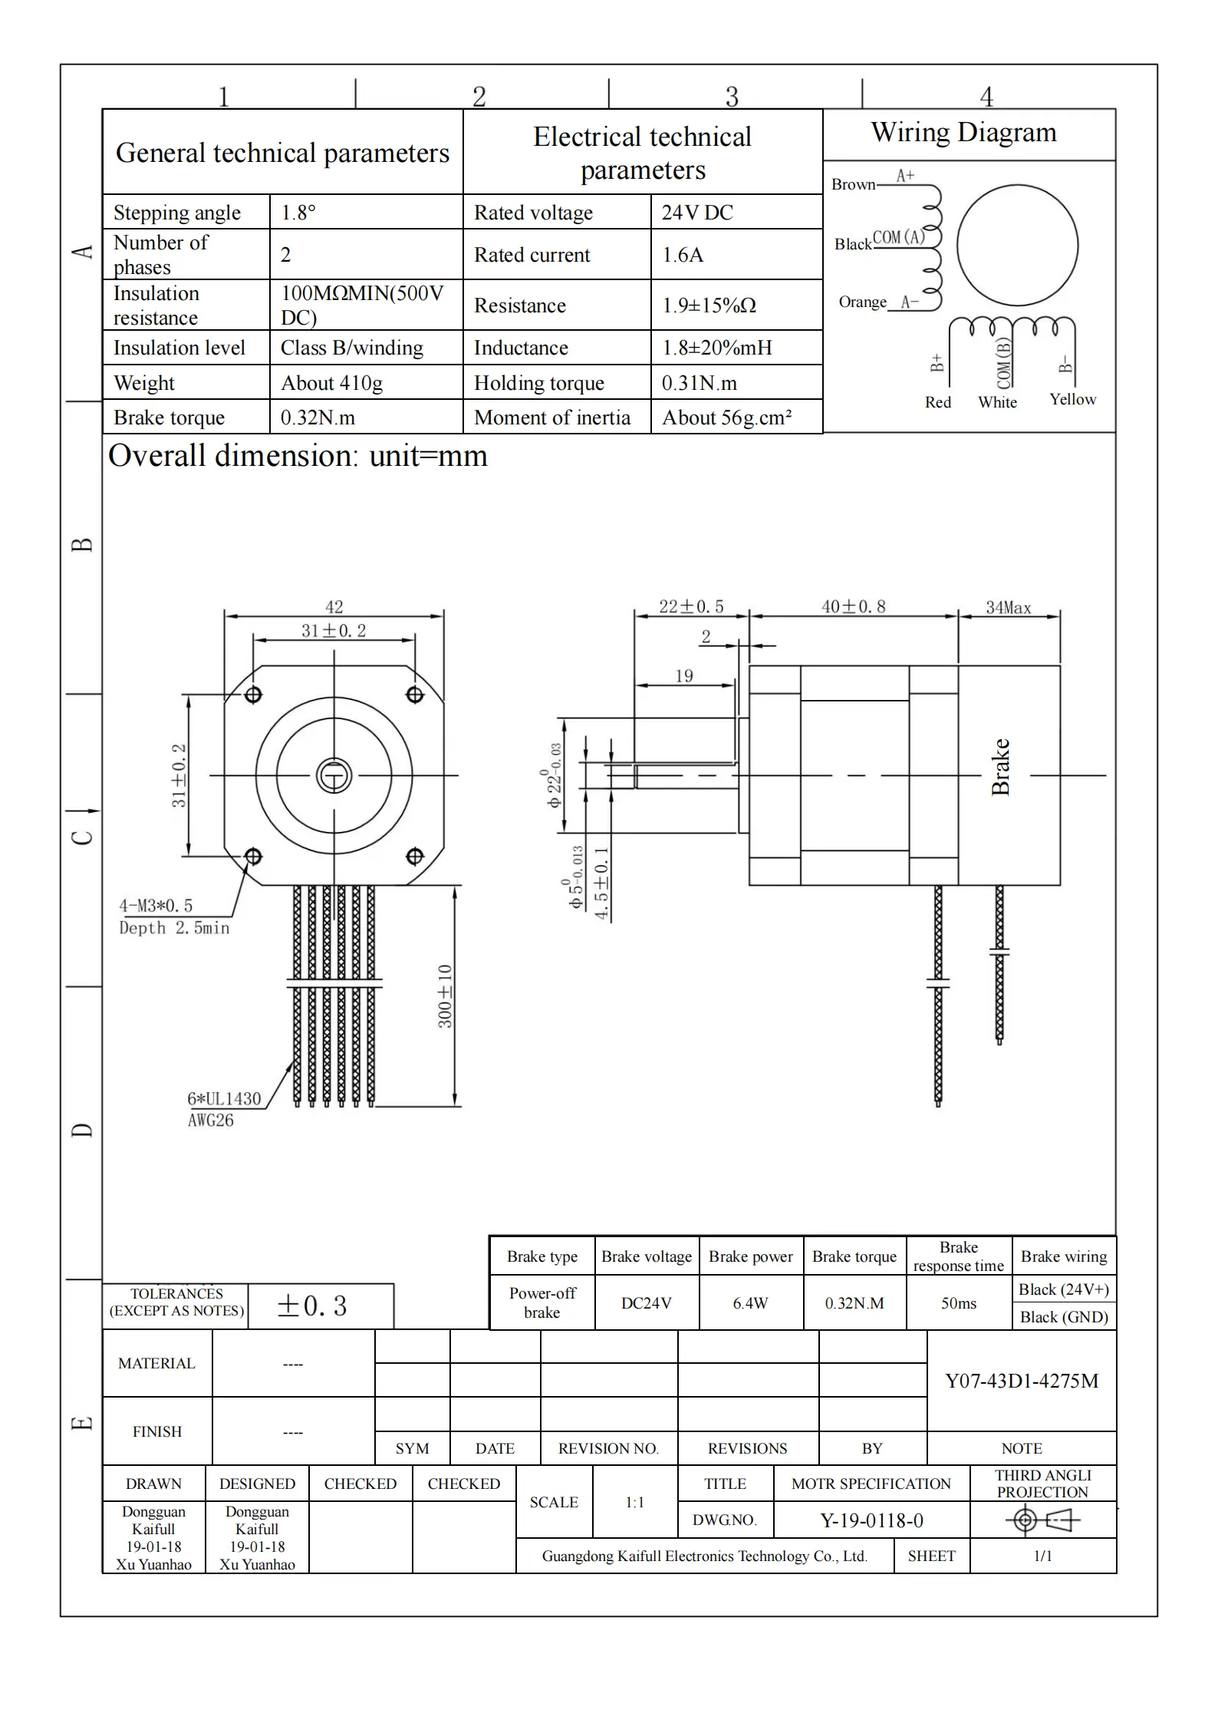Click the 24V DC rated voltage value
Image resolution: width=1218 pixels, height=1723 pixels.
click(x=697, y=213)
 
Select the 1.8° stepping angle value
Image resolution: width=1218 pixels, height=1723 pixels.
click(x=298, y=213)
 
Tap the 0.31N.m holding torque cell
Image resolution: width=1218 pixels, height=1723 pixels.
click(x=699, y=383)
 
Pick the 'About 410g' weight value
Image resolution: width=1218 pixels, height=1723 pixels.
click(x=331, y=383)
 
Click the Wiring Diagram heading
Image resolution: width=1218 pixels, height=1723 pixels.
click(x=963, y=133)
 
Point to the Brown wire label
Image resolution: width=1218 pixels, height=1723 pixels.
click(x=853, y=184)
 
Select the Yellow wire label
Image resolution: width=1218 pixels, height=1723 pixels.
click(x=1072, y=399)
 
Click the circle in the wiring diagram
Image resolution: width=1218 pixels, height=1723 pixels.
click(x=1017, y=246)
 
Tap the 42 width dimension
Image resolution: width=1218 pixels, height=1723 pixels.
click(x=334, y=607)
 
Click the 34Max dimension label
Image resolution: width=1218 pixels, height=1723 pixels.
click(x=1008, y=608)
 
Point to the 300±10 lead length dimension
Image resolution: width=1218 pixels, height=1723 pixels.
click(x=445, y=996)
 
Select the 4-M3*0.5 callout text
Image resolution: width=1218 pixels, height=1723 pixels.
click(x=156, y=906)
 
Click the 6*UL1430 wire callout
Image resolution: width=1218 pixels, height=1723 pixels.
click(x=224, y=1099)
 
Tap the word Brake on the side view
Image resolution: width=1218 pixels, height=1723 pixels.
click(x=1000, y=767)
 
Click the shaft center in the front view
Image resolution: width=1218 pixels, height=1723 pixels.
click(x=334, y=776)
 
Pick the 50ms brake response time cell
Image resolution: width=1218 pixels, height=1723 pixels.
click(x=959, y=1303)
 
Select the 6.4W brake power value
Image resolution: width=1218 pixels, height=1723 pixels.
click(x=750, y=1303)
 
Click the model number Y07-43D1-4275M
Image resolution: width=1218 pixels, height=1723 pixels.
click(x=1022, y=1381)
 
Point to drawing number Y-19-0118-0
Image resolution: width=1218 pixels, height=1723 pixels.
click(x=871, y=1520)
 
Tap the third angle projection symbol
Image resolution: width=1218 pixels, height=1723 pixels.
click(x=1043, y=1520)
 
